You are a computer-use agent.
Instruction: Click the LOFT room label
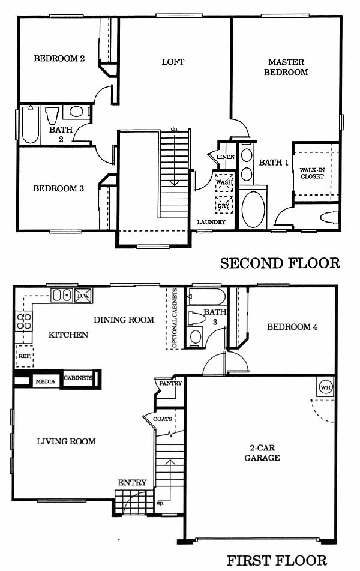173,62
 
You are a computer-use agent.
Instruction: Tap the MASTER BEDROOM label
286,67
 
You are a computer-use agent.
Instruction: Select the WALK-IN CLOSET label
312,173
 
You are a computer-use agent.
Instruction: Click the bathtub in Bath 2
30,125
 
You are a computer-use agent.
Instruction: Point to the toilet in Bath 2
52,115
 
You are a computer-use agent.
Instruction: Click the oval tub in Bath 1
253,209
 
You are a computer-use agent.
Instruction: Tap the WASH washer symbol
224,182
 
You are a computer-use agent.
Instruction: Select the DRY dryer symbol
224,206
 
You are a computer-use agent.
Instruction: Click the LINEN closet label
226,157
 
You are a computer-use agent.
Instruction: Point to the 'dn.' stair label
175,129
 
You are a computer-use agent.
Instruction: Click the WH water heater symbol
326,387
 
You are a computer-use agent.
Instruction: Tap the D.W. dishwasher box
83,296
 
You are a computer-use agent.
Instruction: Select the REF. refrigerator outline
25,356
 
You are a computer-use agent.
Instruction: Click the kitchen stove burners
24,321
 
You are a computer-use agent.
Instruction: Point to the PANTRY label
170,383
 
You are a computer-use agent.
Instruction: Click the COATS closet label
163,419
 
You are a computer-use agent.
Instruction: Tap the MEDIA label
46,381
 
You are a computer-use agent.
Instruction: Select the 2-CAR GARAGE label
262,453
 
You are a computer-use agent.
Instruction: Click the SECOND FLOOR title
280,263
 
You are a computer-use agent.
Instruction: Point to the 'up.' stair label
160,503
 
